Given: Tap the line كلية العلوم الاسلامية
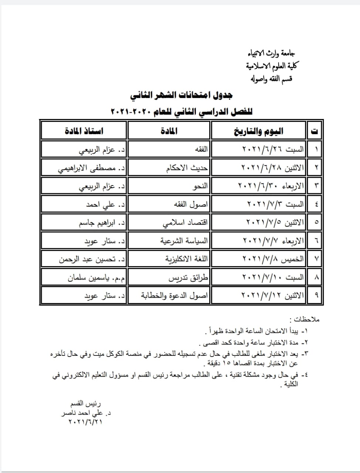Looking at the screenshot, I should [272, 67].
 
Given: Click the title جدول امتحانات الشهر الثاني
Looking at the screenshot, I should [181, 95].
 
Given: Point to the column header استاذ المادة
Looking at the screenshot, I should [84, 131].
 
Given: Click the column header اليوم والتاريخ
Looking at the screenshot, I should [259, 131].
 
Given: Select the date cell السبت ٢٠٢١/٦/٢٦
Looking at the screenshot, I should [273, 149].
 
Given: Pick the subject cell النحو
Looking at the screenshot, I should [200, 186].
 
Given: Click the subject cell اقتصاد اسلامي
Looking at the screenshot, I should [185, 222].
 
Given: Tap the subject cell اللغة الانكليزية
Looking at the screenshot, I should [186, 259].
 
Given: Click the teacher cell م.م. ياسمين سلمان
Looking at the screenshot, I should [96, 277].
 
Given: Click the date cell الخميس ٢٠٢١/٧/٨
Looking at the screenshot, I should [273, 259].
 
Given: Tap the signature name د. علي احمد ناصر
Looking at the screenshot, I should [86, 413].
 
